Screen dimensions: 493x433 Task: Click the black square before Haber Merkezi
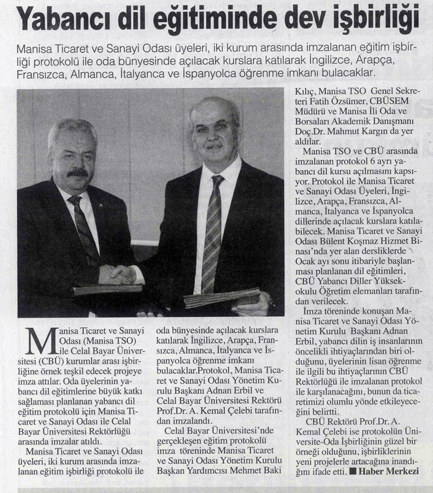(352, 471)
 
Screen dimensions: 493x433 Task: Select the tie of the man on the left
(85, 229)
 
